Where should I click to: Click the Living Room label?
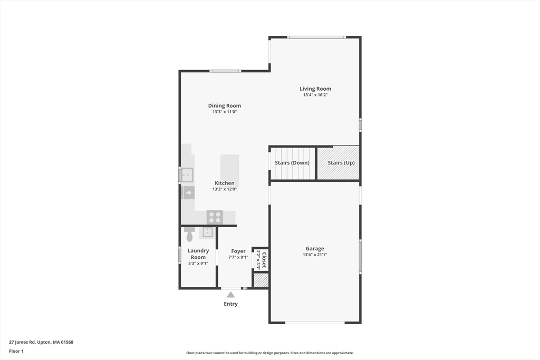point(315,89)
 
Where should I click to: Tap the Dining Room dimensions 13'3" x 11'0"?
point(224,112)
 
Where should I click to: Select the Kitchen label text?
point(224,183)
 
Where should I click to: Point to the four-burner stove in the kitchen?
point(215,217)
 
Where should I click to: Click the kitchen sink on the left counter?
point(187,174)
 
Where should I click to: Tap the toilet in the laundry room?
point(190,234)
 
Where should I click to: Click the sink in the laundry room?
point(208,232)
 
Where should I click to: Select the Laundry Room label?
point(198,254)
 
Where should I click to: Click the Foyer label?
point(238,251)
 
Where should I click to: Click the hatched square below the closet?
point(261,280)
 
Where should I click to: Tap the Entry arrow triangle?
point(230,295)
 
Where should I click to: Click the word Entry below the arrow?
point(230,304)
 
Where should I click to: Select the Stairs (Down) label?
point(292,163)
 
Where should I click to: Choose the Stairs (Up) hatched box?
point(339,163)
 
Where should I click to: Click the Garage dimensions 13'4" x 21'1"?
point(315,255)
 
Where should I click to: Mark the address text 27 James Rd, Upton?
point(41,342)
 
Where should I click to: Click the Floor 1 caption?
point(16,351)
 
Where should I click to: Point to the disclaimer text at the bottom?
point(269,353)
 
